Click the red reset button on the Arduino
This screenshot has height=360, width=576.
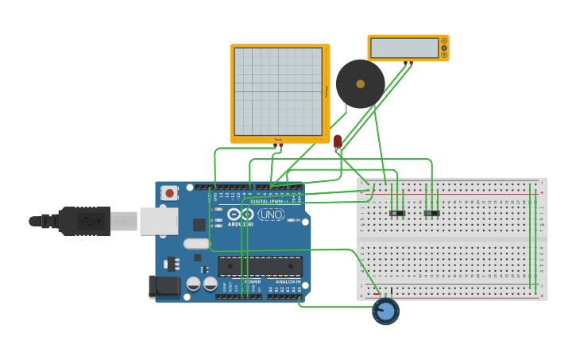point(169,192)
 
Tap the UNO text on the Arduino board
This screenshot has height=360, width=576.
point(271,214)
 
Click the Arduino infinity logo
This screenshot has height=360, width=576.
point(240,214)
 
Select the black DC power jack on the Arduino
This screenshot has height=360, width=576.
point(164,286)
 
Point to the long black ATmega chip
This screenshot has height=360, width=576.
point(260,266)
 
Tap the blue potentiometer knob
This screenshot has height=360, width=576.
point(385,312)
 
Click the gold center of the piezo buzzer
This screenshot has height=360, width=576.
point(360,83)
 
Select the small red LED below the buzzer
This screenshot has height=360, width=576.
point(338,141)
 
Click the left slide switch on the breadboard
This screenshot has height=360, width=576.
point(397,213)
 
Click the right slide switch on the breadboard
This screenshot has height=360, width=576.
point(431,213)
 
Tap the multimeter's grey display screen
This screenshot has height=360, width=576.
point(404,48)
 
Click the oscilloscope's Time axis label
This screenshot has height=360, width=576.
point(277,140)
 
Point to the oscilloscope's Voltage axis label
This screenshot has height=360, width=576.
point(327,92)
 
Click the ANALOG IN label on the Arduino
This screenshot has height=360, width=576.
point(288,281)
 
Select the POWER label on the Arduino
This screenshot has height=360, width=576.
point(253,281)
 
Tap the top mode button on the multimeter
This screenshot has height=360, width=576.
point(444,41)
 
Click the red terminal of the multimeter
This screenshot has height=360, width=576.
point(411,63)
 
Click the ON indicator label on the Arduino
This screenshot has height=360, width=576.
point(297,220)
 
